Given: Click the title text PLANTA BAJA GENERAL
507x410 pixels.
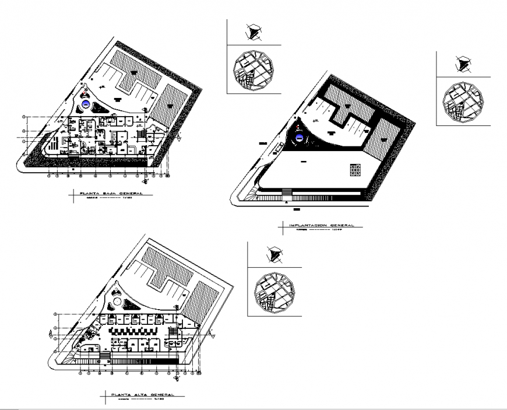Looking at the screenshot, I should point(110,193).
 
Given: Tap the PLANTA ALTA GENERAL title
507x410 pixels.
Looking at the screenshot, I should point(142,395).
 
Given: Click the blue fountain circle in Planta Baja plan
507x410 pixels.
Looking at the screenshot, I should point(86,105).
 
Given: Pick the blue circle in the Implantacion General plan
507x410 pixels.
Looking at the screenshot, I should point(301,137).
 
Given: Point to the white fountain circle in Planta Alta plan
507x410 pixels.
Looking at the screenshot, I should point(117,302).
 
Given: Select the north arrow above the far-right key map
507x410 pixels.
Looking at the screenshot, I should point(463,64).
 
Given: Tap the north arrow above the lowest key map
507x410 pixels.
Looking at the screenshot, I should point(273,254).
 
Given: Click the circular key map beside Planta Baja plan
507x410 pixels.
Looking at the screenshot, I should point(253,70).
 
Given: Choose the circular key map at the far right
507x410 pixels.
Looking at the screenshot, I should point(463,102).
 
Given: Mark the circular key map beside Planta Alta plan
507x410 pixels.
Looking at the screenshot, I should point(273,292).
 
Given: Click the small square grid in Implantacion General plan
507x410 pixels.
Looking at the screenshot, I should point(354,170).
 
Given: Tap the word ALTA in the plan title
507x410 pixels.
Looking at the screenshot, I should point(141,395).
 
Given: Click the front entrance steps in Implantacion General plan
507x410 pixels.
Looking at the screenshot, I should point(286,193).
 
